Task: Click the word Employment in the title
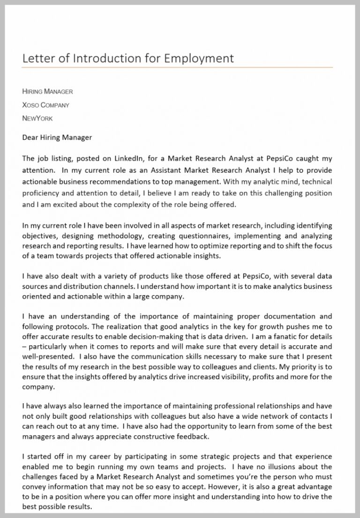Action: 200,59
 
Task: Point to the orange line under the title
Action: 177,67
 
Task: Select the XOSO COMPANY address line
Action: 45,105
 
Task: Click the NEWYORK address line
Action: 37,118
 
